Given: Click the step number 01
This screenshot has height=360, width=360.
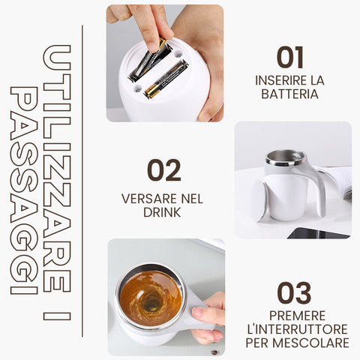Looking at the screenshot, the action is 290,58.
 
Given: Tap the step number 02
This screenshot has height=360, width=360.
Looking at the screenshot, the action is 164,170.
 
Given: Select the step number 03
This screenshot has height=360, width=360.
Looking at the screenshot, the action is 294,293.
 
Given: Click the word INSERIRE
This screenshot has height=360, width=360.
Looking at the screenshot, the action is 277,80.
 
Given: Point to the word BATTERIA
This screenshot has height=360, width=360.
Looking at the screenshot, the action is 289,94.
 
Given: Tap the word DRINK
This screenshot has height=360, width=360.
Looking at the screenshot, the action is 162,212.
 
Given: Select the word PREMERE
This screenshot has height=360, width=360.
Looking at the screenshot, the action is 297,316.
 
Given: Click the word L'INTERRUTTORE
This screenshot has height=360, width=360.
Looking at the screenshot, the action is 297,329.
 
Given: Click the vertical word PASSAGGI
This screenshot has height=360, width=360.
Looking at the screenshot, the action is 24,190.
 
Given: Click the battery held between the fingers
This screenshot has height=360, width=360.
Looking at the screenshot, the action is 148,61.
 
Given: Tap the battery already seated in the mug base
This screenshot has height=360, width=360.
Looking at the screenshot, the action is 166,79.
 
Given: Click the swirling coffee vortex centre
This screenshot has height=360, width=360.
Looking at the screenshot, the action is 151,303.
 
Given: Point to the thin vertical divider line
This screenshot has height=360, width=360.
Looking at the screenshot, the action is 82,181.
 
